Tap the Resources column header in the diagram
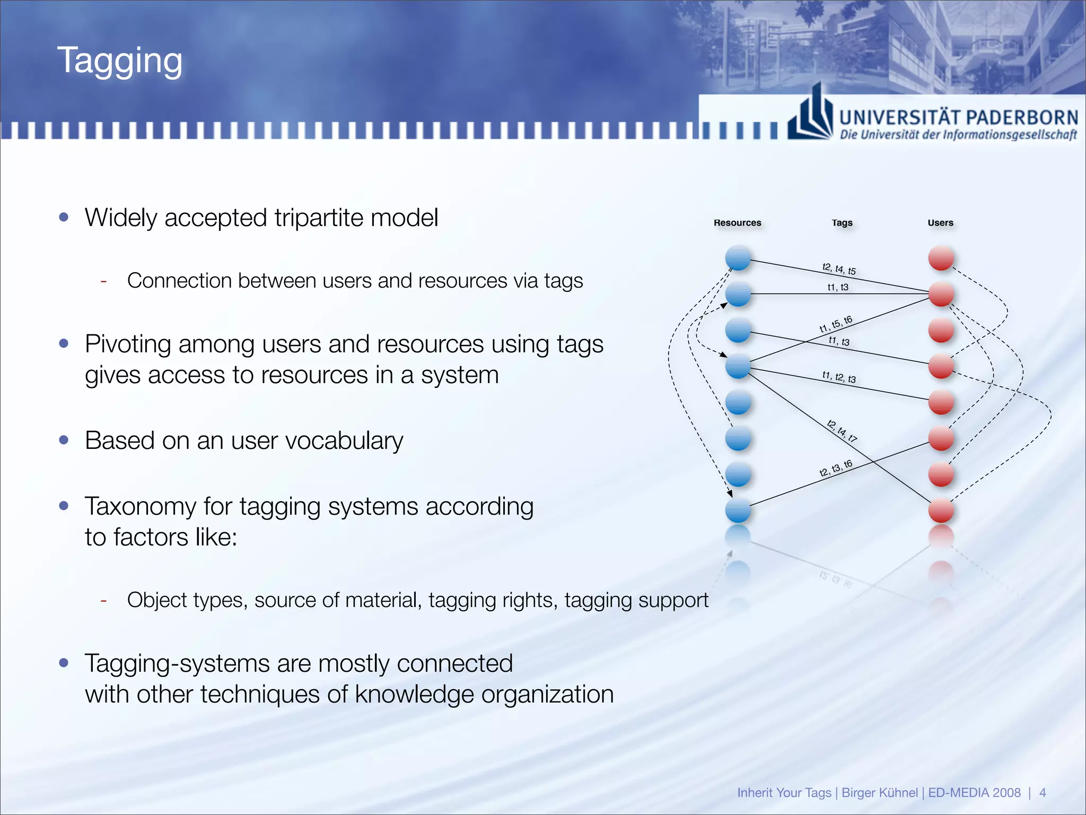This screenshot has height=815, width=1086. (737, 223)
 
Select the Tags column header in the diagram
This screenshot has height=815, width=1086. (842, 223)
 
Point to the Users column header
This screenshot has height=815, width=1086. (940, 223)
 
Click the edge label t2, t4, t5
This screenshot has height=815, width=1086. (839, 269)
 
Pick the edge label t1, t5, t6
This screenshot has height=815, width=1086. (836, 324)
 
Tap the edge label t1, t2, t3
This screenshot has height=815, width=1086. (839, 377)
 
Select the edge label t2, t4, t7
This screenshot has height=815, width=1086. (842, 431)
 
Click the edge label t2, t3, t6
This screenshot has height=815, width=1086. (836, 468)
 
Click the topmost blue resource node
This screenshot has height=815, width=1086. (738, 258)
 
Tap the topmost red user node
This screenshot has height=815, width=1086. (941, 258)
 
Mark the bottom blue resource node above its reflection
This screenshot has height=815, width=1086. (738, 510)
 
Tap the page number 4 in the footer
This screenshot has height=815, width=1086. (1043, 793)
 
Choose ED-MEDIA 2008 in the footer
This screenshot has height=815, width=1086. (974, 793)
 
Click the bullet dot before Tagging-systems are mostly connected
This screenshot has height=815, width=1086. (64, 663)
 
